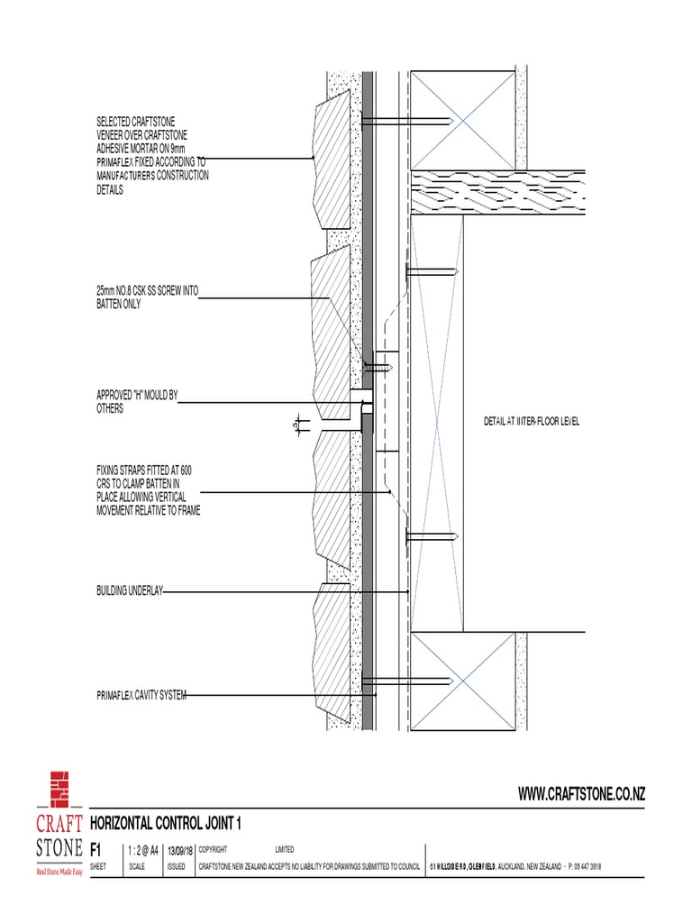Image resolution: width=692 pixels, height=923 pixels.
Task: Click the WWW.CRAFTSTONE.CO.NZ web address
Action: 581,793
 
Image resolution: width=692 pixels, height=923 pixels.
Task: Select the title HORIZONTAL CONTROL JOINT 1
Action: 167,824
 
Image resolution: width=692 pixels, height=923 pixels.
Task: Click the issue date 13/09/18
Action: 180,849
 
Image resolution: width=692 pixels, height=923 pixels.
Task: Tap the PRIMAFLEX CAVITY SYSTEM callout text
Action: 141,695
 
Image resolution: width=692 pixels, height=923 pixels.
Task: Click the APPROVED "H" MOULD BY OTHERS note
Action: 136,402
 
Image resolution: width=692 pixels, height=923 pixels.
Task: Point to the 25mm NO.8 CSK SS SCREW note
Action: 146,297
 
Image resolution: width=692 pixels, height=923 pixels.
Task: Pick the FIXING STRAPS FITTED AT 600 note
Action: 148,490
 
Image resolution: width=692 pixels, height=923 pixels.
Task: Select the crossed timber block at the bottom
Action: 462,681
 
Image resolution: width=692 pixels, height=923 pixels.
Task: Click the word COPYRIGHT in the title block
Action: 213,849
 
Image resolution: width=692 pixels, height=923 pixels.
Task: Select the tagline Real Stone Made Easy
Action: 59,873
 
